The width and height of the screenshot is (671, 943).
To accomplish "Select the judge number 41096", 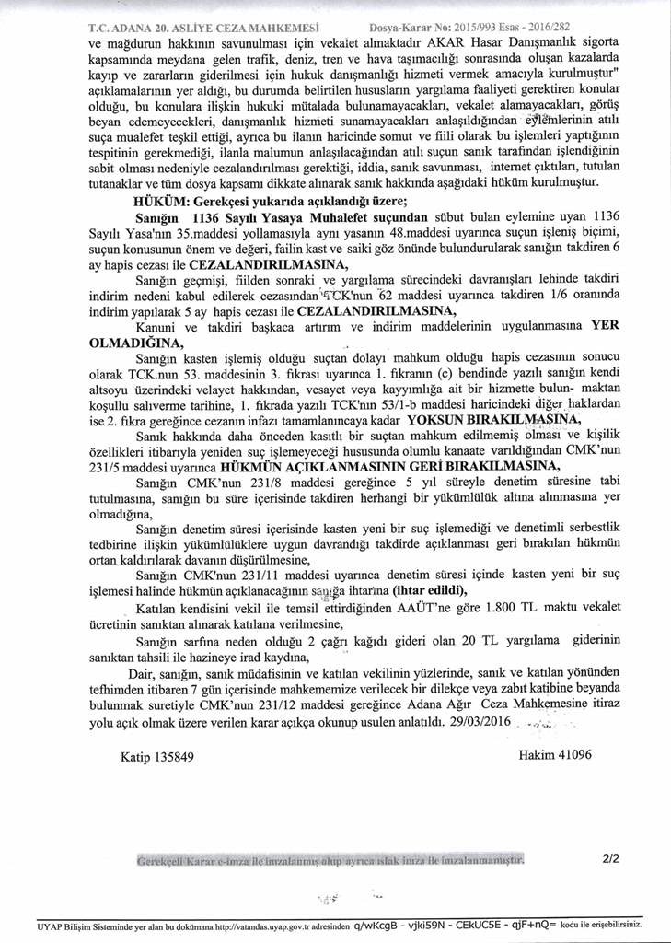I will click(570, 755).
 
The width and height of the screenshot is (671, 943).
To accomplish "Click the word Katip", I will click(136, 756).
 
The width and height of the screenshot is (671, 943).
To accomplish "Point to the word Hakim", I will click(534, 755).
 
